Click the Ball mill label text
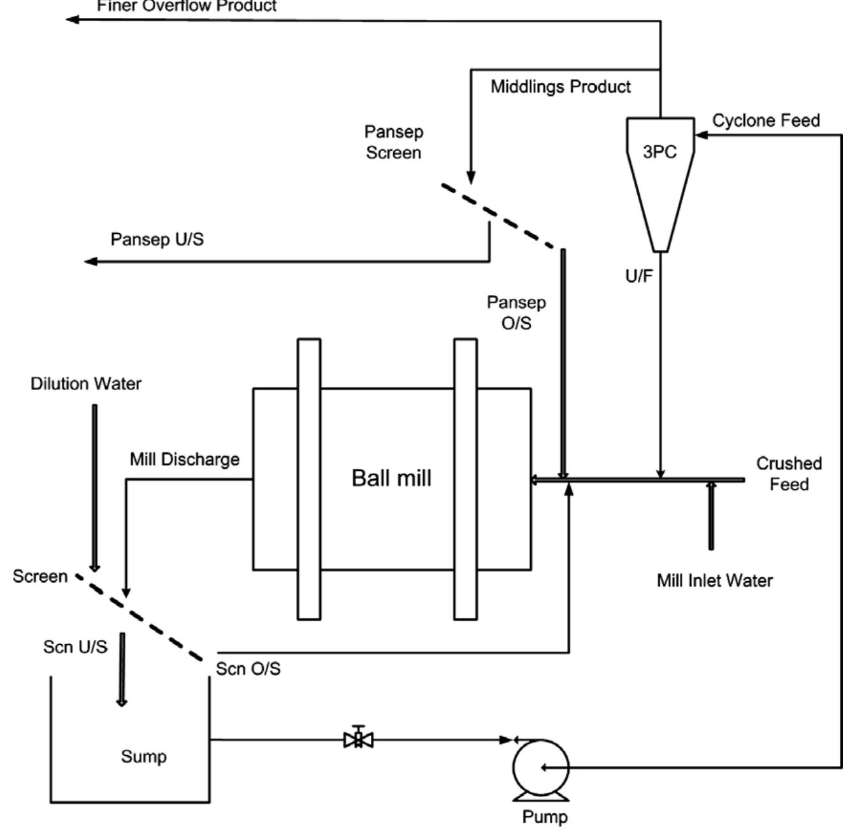391,478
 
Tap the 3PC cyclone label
659,152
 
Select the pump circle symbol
541,767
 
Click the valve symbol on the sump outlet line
359,739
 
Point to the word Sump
144,756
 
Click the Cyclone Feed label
766,120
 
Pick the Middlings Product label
561,87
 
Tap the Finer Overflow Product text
187,6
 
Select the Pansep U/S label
157,240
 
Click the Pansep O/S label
516,312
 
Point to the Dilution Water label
86,384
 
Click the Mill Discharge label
185,459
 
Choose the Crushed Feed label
789,473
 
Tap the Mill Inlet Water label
714,580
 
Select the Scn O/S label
248,669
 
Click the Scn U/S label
75,647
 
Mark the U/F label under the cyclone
638,276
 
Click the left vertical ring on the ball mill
309,479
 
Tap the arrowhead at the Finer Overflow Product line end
73,19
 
